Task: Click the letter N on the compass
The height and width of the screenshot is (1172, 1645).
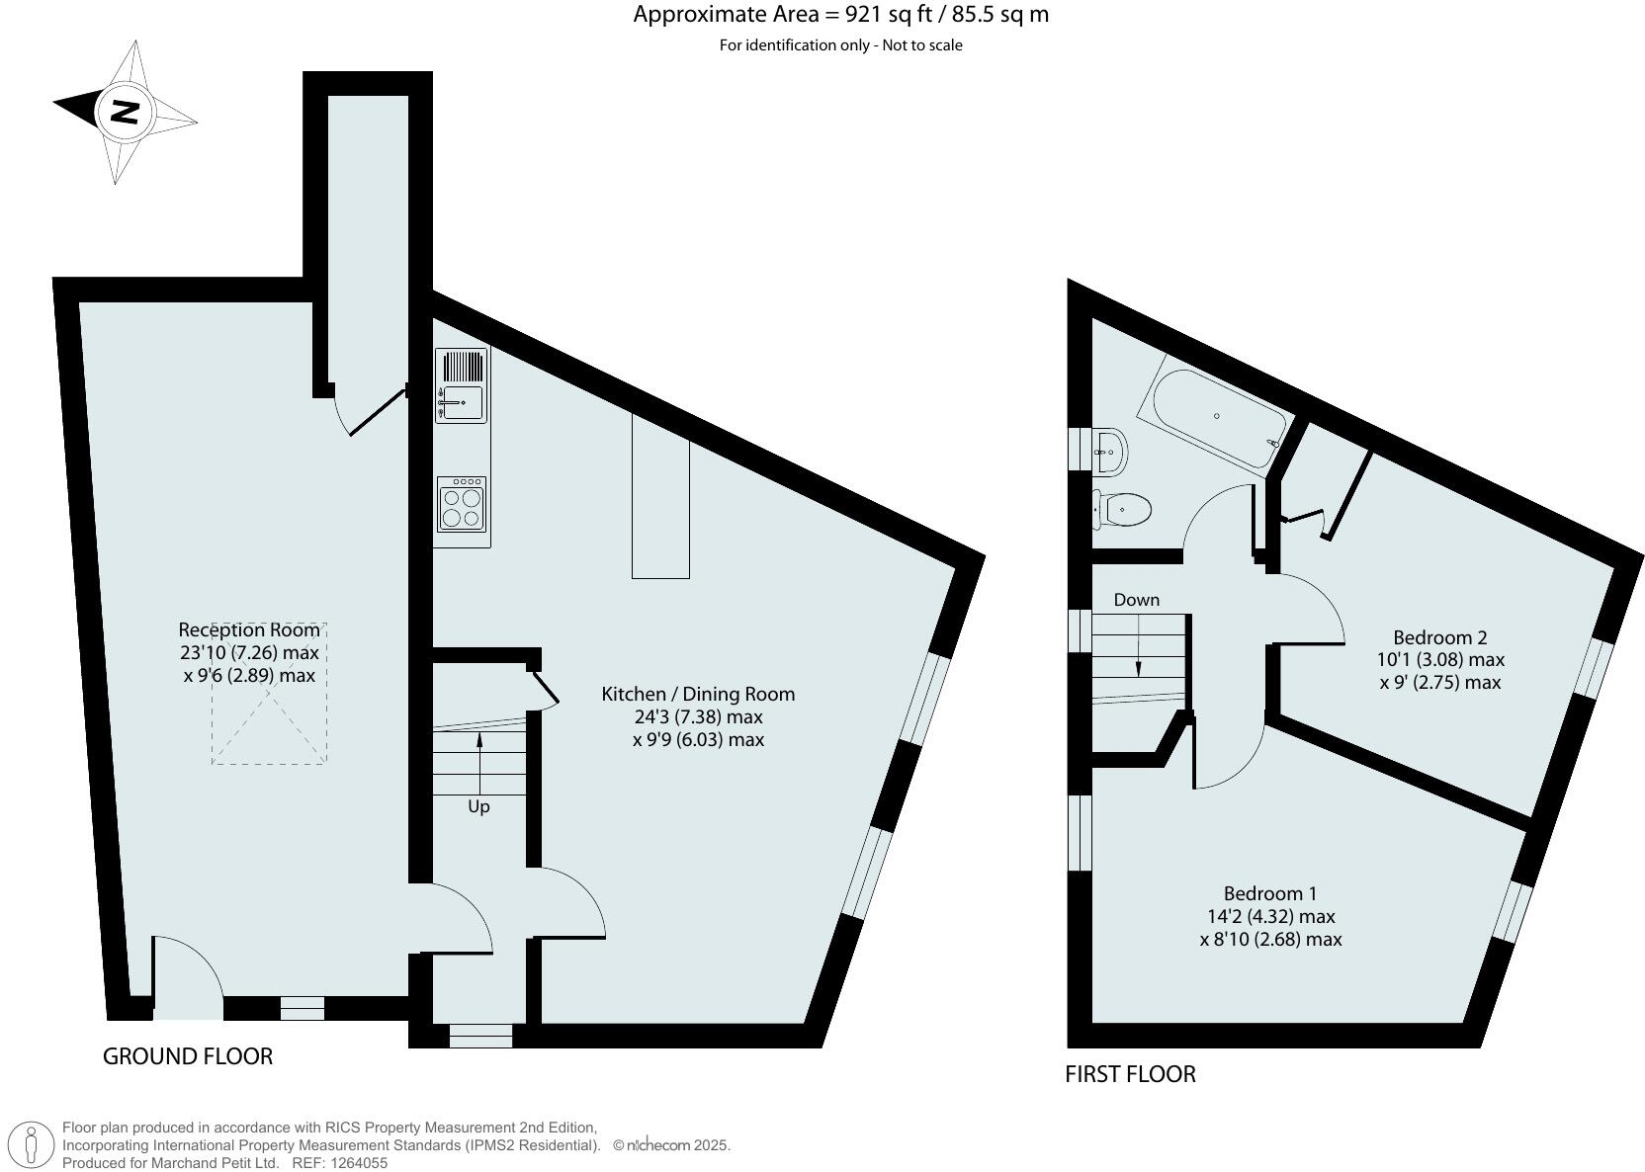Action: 124,111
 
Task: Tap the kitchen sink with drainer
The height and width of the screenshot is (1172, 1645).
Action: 462,385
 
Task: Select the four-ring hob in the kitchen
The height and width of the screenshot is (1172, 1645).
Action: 462,503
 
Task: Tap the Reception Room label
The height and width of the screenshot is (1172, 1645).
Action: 249,629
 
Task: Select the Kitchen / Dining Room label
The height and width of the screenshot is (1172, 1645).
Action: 698,695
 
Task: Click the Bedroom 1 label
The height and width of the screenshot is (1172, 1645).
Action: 1269,893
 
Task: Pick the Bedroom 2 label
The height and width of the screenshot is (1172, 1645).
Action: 1439,637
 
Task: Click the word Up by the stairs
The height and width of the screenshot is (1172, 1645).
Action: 478,806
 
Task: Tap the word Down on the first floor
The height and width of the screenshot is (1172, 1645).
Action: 1136,600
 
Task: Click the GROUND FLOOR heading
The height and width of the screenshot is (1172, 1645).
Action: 188,1056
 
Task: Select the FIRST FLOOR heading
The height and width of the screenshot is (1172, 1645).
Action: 1130,1074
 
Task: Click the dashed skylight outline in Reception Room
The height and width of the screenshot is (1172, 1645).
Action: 269,731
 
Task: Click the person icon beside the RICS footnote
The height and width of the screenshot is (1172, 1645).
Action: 33,1144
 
